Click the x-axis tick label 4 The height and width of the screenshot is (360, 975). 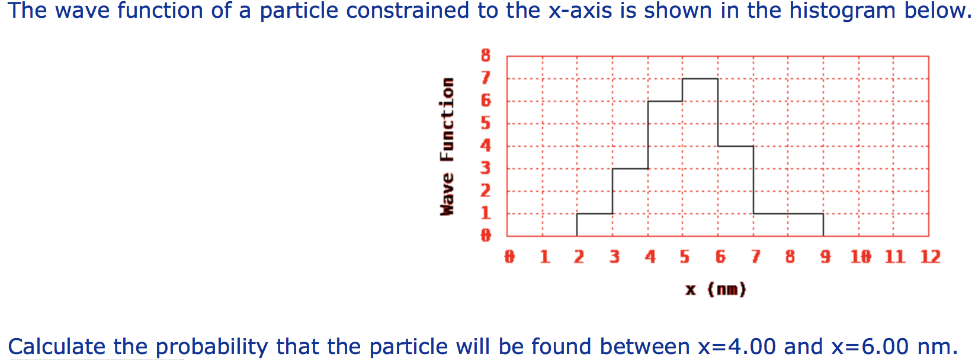pos(650,257)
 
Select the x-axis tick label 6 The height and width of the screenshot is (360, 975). pos(720,257)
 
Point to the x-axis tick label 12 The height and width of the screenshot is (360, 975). pos(930,257)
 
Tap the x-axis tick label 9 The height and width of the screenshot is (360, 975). pos(825,257)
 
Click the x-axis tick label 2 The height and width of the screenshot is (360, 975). pos(579,257)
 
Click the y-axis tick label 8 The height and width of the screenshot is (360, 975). pos(486,56)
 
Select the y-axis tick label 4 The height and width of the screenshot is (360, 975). pos(486,146)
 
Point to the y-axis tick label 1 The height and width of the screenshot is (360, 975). pos(486,213)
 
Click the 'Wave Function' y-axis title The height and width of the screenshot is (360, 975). pos(447,146)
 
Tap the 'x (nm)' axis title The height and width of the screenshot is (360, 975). pos(716,290)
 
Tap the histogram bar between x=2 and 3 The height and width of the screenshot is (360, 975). pos(595,225)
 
